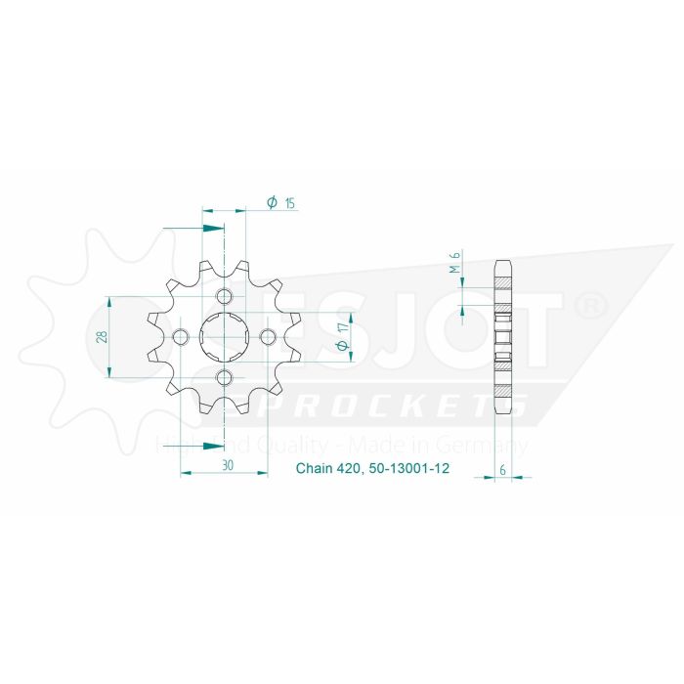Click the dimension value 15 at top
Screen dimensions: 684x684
[290, 203]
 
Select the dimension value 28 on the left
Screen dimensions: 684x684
[103, 337]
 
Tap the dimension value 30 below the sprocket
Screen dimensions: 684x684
[226, 466]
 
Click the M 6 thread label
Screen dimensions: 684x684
[455, 264]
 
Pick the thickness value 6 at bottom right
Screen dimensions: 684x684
[503, 470]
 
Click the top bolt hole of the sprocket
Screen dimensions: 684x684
[224, 297]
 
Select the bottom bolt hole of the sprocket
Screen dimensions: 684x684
[224, 378]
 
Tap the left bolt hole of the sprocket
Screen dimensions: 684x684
[180, 337]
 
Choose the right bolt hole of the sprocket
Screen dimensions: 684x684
[268, 337]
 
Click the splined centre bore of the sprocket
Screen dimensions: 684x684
[224, 337]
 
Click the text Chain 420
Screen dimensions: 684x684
[329, 470]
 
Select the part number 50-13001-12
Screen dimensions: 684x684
[405, 470]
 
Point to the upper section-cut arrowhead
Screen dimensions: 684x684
[212, 229]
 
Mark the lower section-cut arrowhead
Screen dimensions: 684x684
[212, 446]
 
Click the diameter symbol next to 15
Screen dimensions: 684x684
[271, 203]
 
